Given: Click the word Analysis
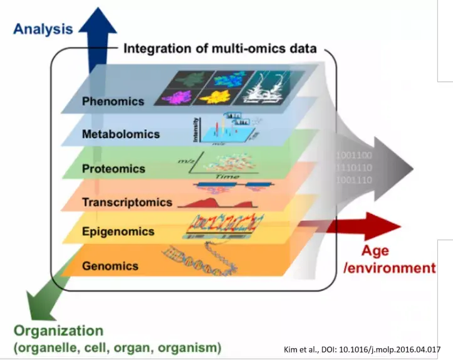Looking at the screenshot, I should click(43, 28).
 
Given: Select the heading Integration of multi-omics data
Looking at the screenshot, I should click(220, 48).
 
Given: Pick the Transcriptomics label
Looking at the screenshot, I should click(127, 202).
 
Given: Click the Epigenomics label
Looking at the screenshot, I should click(118, 231).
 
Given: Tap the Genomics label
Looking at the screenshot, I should click(110, 265).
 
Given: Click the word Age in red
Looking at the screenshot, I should click(375, 251).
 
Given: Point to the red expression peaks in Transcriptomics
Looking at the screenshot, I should click(216, 202).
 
